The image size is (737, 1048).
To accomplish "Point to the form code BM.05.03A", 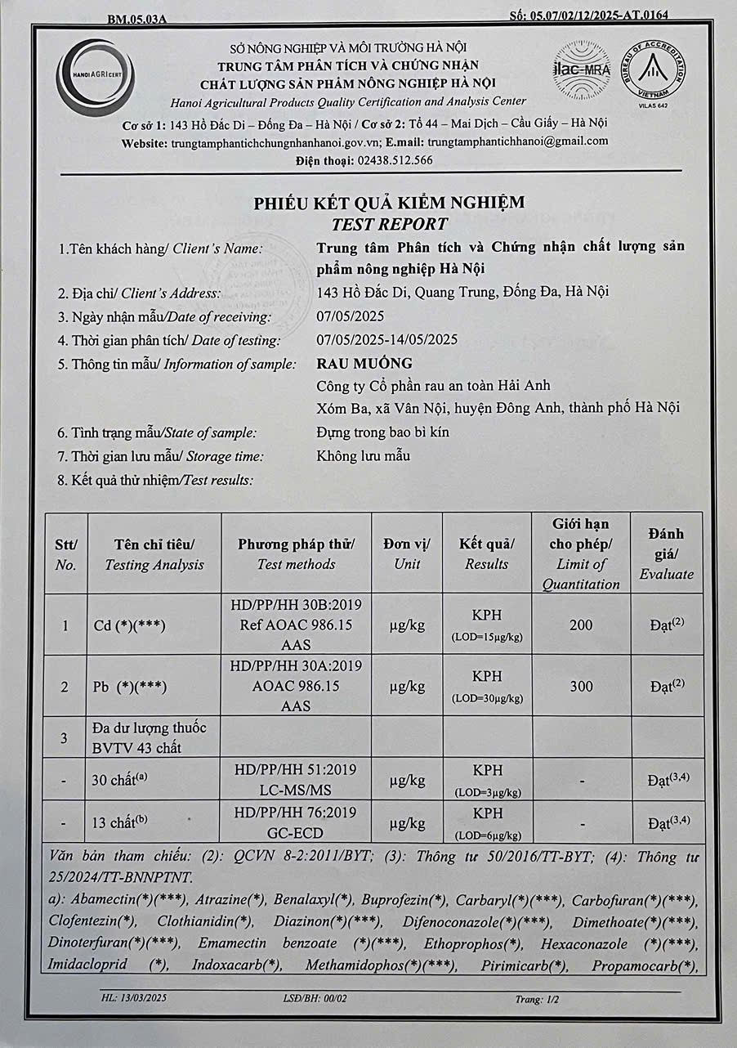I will [136, 18].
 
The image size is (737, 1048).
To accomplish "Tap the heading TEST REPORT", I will [389, 223].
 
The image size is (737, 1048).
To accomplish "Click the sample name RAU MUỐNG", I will [364, 363].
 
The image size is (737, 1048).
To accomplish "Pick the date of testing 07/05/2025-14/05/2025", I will [386, 340].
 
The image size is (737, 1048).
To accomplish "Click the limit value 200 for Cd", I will [581, 625].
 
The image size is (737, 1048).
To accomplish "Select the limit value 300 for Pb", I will [581, 686].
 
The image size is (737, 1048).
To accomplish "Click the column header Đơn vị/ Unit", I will [407, 553].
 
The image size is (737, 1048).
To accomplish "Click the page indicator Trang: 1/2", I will [535, 999].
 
